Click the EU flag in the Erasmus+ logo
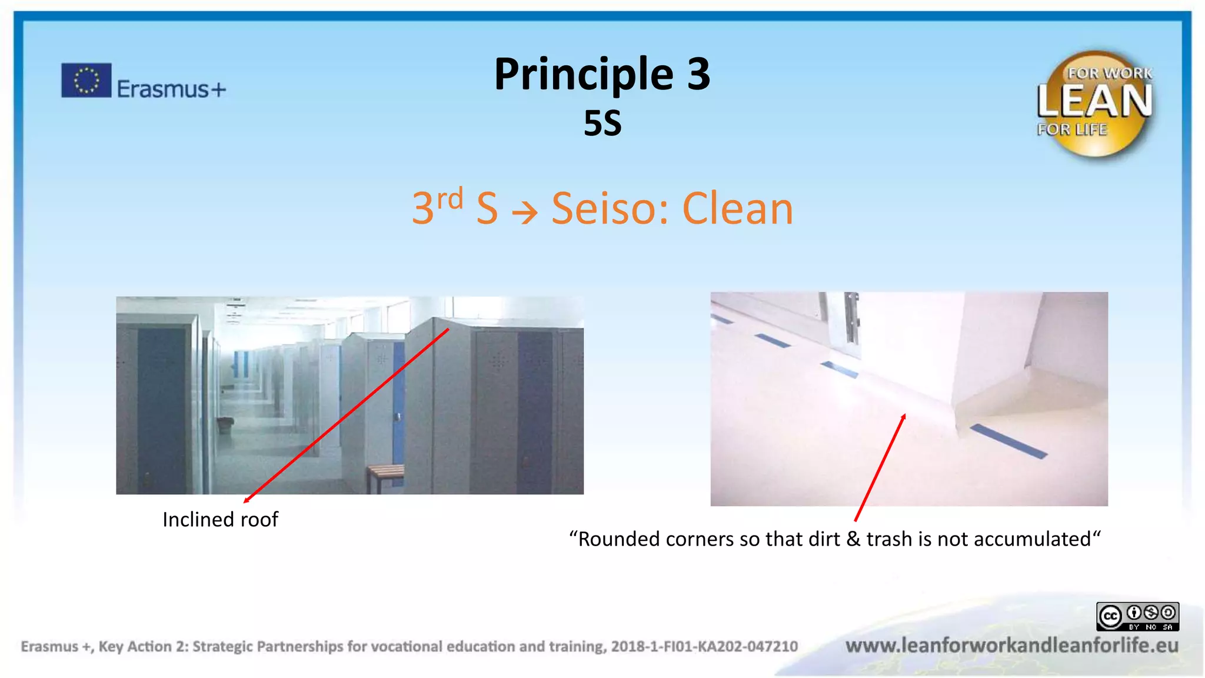tap(86, 80)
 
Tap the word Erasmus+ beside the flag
tap(171, 89)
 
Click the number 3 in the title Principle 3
tap(698, 74)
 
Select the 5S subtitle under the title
tap(602, 124)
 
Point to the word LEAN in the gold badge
tap(1094, 101)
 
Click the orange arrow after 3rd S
tap(524, 212)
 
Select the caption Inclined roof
tap(220, 520)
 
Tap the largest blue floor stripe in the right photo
tap(1008, 441)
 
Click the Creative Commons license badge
tap(1137, 616)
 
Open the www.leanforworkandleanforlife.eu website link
tap(1011, 646)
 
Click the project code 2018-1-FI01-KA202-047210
tap(704, 646)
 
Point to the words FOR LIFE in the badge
tap(1071, 129)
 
